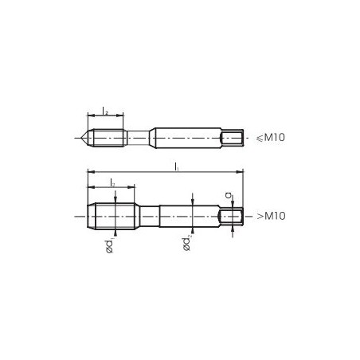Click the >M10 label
pyautogui.click(x=271, y=216)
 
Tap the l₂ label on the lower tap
pyautogui.click(x=112, y=183)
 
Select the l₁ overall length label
pyautogui.click(x=175, y=166)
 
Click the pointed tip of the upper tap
pyautogui.click(x=83, y=137)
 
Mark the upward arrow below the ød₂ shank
pyautogui.click(x=191, y=230)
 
